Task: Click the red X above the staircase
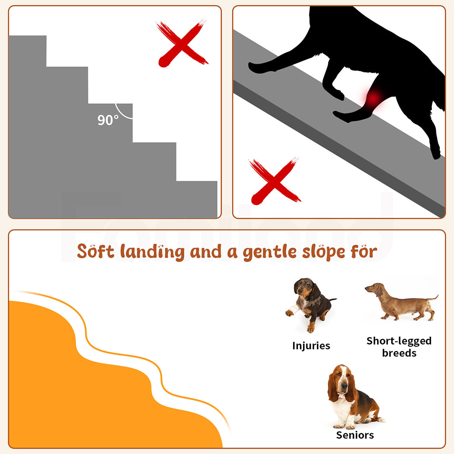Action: tap(182, 43)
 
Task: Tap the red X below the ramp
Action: tap(275, 181)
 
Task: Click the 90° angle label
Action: tap(107, 120)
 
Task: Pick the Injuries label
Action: tap(311, 346)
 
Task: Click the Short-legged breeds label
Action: tap(399, 347)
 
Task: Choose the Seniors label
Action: tap(355, 435)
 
